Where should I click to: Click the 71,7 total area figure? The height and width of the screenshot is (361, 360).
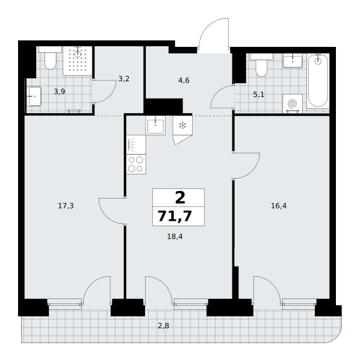[x=175, y=217]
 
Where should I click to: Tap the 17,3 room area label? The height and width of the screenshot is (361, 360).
[x=66, y=206]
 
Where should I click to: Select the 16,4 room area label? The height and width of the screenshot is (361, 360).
[x=279, y=206]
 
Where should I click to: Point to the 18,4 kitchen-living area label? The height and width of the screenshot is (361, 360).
[x=175, y=236]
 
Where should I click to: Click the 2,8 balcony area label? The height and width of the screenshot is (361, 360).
[x=164, y=326]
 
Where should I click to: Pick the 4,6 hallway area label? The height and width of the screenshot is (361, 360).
[x=184, y=81]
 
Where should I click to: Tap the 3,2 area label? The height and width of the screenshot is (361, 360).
[x=123, y=79]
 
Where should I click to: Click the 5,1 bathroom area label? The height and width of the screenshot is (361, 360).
[x=259, y=94]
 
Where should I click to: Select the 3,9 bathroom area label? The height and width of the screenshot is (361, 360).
[x=60, y=91]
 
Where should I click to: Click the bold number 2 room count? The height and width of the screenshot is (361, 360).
[x=180, y=198]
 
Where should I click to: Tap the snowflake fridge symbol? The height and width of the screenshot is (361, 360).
[x=182, y=126]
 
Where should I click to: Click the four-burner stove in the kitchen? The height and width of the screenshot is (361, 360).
[x=136, y=164]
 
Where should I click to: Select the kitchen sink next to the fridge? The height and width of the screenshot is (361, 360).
[x=155, y=126]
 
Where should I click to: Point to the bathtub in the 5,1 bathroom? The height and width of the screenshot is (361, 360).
[x=318, y=81]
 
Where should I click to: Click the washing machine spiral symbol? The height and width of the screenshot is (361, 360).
[x=293, y=103]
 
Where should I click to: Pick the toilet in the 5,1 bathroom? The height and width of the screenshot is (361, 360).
[x=261, y=65]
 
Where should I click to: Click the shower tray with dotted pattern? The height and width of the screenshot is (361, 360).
[x=78, y=61]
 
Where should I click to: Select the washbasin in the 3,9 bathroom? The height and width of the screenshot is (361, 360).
[x=34, y=96]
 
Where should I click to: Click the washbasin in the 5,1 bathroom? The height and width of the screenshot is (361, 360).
[x=293, y=61]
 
